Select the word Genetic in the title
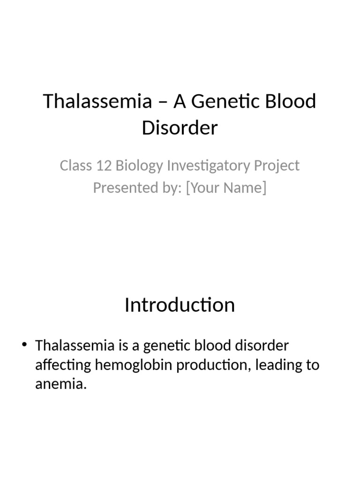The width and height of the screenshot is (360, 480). click(222, 101)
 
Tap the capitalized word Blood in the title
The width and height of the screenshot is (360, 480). click(291, 101)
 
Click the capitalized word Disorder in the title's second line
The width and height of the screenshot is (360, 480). click(180, 127)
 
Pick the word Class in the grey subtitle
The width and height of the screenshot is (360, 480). click(74, 165)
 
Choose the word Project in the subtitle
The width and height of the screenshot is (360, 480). click(278, 166)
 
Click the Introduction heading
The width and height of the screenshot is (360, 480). click(180, 305)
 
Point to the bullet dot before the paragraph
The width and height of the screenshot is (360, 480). click(25, 346)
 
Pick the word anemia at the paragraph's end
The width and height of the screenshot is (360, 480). click(61, 385)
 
